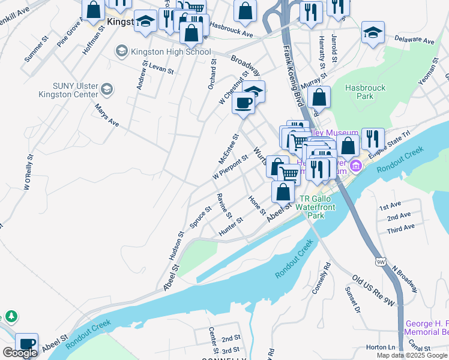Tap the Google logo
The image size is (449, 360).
point(20,353)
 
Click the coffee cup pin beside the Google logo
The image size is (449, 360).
point(27,344)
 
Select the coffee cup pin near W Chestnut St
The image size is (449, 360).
point(243,103)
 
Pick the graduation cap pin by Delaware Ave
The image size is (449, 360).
point(373,32)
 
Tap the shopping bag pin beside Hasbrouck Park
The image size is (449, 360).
point(321,97)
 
